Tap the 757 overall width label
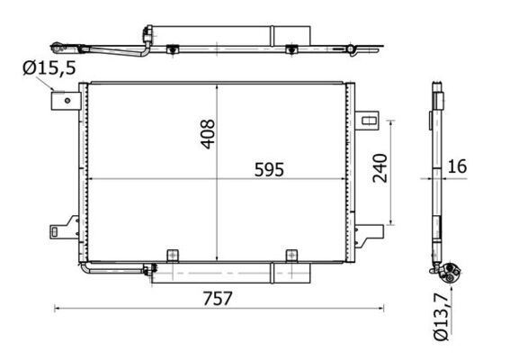coord(215,297)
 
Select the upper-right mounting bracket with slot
coord(368,119)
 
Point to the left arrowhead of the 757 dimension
coord(57,309)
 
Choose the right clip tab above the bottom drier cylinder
coord(291,256)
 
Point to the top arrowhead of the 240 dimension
coord(392,121)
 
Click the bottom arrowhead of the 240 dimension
coord(392,222)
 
